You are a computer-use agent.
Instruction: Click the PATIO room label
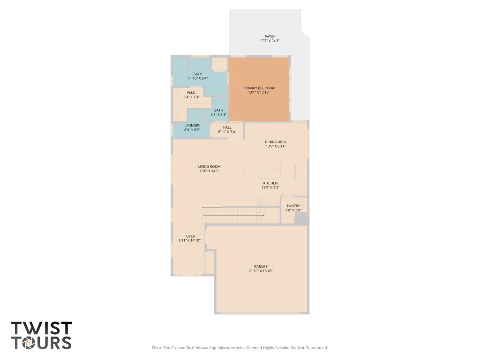(x=269, y=37)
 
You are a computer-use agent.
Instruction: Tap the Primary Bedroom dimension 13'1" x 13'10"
(x=259, y=93)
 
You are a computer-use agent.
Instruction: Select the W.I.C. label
(x=191, y=92)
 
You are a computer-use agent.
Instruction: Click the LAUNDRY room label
(x=192, y=125)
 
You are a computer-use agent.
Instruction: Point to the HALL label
(x=227, y=127)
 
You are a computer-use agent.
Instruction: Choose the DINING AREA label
(x=276, y=142)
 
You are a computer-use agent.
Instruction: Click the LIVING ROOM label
(x=209, y=166)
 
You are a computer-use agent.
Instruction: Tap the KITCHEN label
(x=270, y=183)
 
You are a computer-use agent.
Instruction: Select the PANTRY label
(x=293, y=206)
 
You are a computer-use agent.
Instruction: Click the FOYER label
(x=189, y=236)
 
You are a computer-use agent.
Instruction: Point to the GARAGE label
(x=261, y=266)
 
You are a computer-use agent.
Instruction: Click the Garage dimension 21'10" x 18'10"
(x=261, y=271)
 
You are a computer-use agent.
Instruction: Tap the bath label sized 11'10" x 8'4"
(x=198, y=74)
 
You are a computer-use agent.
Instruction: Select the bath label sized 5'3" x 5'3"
(x=218, y=110)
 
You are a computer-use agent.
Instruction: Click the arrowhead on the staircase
(x=263, y=216)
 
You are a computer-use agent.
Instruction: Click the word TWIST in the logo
(x=41, y=328)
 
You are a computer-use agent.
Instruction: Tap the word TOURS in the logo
(x=41, y=343)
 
